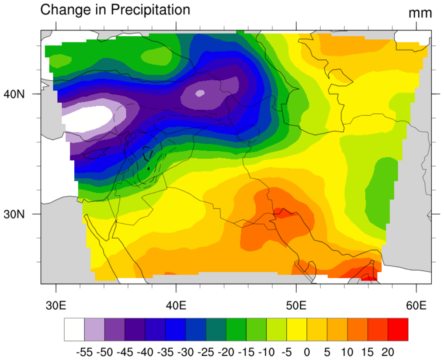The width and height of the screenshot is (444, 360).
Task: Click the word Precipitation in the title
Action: click(x=150, y=10)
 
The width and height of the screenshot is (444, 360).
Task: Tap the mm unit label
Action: click(x=420, y=13)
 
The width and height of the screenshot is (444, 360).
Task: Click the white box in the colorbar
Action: click(x=74, y=329)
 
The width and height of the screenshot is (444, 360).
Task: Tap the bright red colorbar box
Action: click(x=398, y=329)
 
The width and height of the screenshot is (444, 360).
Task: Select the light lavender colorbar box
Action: click(x=94, y=329)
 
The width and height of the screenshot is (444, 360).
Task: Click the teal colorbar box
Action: click(x=216, y=329)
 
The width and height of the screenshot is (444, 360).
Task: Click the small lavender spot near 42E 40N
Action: click(x=200, y=93)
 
